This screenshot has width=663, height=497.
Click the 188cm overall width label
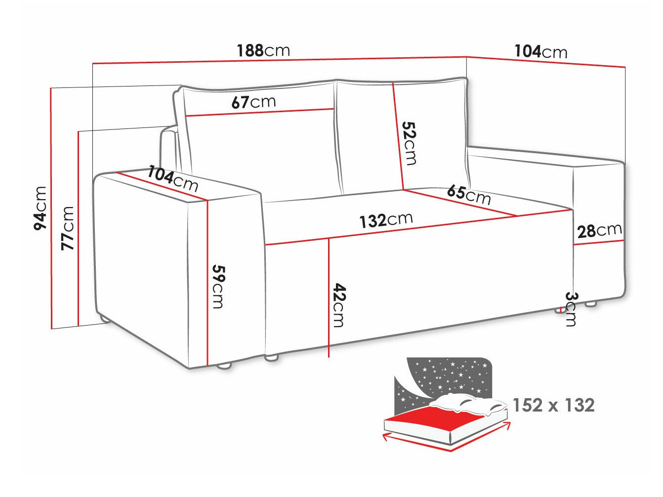pos(263,50)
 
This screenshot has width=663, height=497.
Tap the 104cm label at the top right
pos(540,51)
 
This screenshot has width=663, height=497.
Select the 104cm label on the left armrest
pos(173,179)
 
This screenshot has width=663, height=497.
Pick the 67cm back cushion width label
pos(253,102)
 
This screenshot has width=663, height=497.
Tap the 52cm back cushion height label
pos(410,143)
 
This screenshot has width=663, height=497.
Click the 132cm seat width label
pos(386,220)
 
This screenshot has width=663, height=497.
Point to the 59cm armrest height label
pos(218,286)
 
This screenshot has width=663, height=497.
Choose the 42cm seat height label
pos(338,304)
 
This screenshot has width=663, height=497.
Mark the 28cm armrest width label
pos(599,230)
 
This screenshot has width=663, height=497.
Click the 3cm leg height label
pos(571,309)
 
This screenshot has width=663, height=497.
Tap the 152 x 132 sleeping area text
pos(553,405)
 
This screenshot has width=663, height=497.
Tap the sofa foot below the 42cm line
pos(272,357)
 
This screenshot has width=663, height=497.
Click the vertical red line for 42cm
pos(329,296)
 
